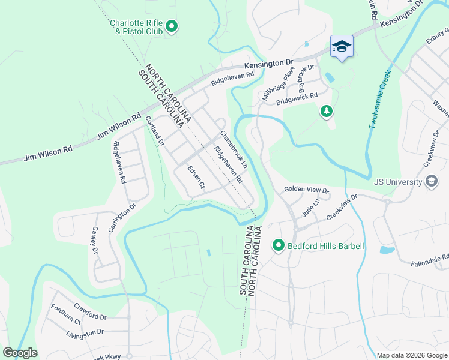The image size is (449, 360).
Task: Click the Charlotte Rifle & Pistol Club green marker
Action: (x=171, y=26)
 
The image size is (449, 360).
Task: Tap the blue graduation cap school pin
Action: (x=342, y=46)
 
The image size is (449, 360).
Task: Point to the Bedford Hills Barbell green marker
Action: (x=278, y=246)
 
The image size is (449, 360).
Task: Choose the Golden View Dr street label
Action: (x=307, y=190)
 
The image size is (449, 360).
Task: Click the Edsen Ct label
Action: (x=196, y=178)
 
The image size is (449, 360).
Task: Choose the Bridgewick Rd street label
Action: (x=297, y=98)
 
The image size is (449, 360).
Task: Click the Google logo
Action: (x=20, y=353)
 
